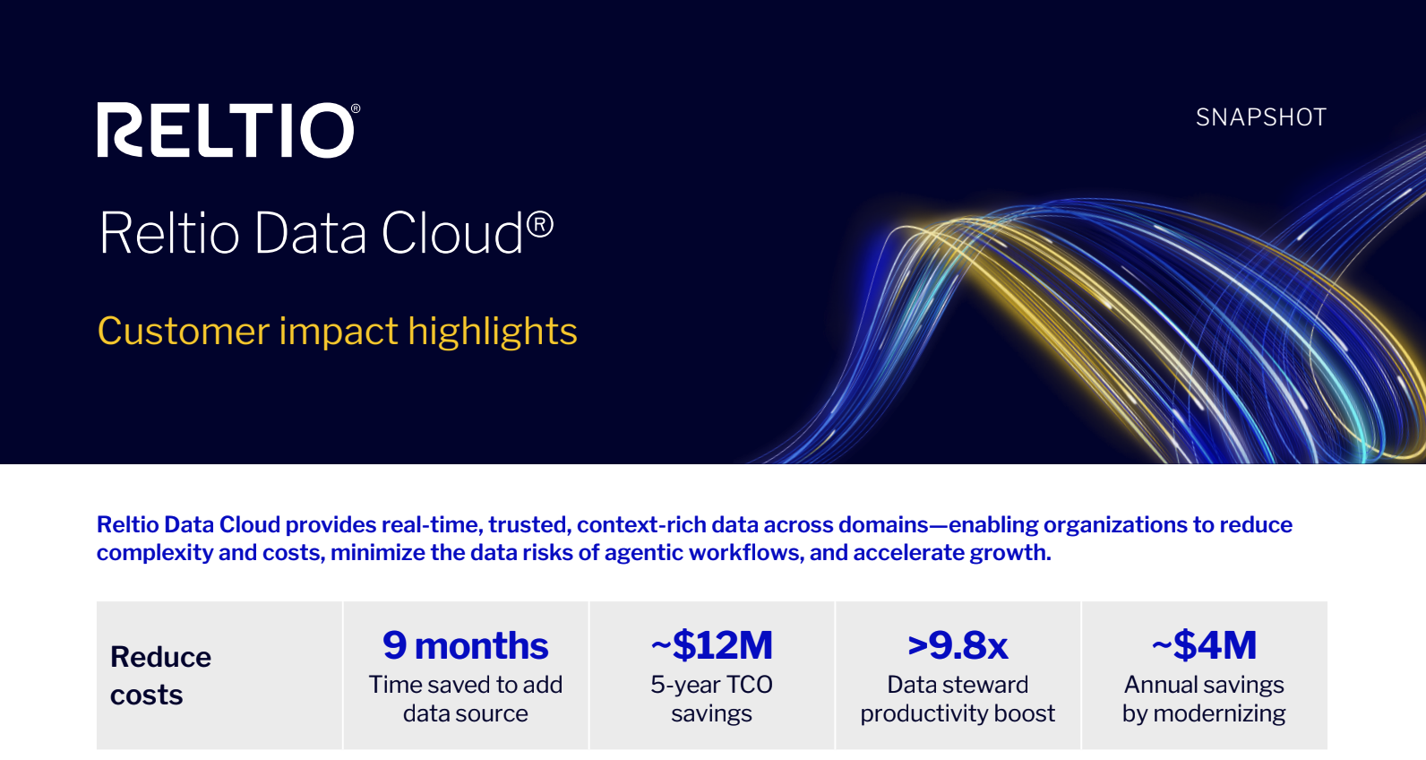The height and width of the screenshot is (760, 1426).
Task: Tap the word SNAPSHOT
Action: [1261, 118]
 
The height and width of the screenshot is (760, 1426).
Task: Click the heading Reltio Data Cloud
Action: [326, 233]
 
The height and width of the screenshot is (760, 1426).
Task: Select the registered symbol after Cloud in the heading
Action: [540, 225]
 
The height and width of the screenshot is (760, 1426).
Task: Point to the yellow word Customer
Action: [184, 332]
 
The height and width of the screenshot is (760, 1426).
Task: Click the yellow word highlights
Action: [492, 332]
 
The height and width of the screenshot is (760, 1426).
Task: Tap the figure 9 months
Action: [466, 645]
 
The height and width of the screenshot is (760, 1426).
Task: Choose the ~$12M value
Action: [712, 644]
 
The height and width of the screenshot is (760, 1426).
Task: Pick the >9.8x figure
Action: [958, 645]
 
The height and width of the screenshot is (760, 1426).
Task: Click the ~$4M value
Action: [1204, 644]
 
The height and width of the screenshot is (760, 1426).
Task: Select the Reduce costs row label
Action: [160, 675]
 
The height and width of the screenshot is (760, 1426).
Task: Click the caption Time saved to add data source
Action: [466, 699]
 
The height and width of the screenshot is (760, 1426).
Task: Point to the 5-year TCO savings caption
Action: [712, 699]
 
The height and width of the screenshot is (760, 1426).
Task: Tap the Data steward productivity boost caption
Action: [958, 699]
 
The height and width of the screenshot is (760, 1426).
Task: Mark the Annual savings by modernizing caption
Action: [1204, 699]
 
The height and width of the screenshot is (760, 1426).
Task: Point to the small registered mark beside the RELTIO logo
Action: [356, 109]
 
